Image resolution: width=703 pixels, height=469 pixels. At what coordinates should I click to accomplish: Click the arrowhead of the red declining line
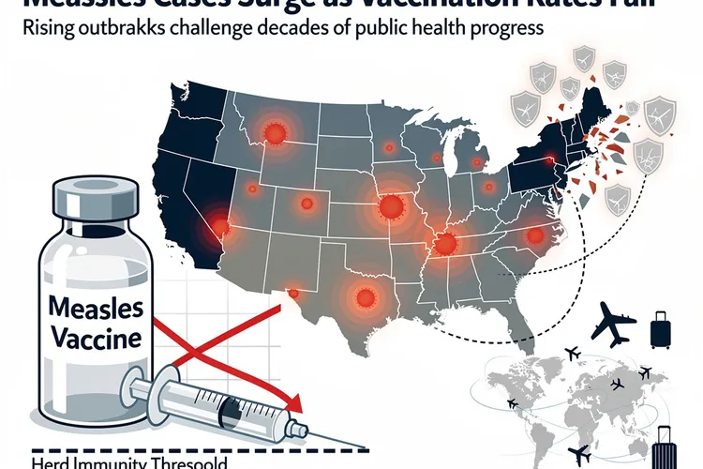297,405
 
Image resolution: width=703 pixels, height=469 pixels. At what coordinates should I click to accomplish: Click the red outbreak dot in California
221,225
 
